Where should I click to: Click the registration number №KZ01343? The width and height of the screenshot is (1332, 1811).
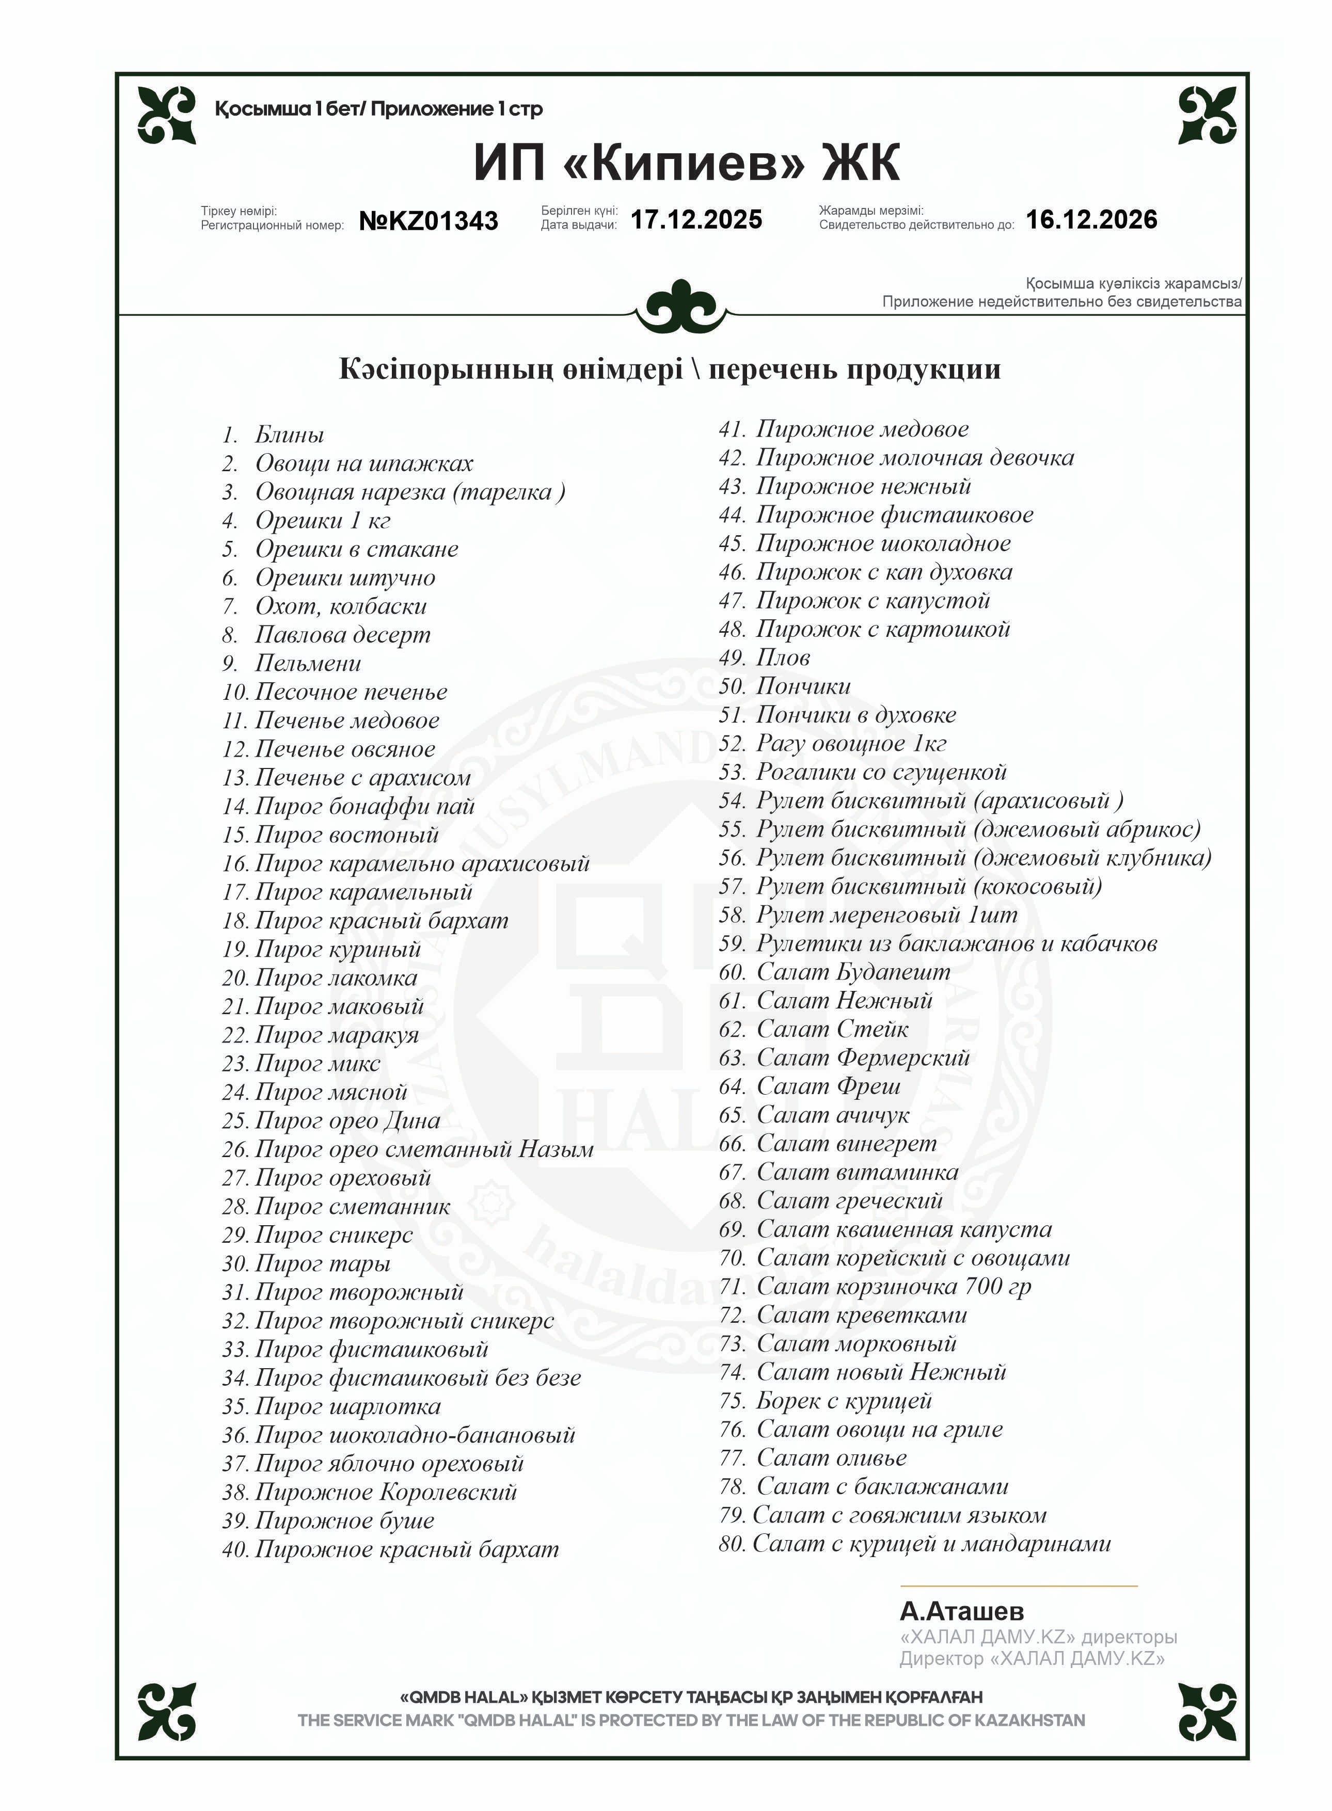tap(428, 221)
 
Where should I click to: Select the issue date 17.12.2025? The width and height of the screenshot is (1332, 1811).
tap(696, 219)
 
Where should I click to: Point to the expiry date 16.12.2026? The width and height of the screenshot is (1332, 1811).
tap(1091, 219)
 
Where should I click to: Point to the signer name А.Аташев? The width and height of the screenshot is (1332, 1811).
tap(962, 1611)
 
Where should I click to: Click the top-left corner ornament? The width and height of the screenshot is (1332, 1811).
tap(167, 115)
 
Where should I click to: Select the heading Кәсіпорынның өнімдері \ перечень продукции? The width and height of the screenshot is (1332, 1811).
tap(669, 369)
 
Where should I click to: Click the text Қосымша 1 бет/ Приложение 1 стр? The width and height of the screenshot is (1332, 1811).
tap(378, 109)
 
